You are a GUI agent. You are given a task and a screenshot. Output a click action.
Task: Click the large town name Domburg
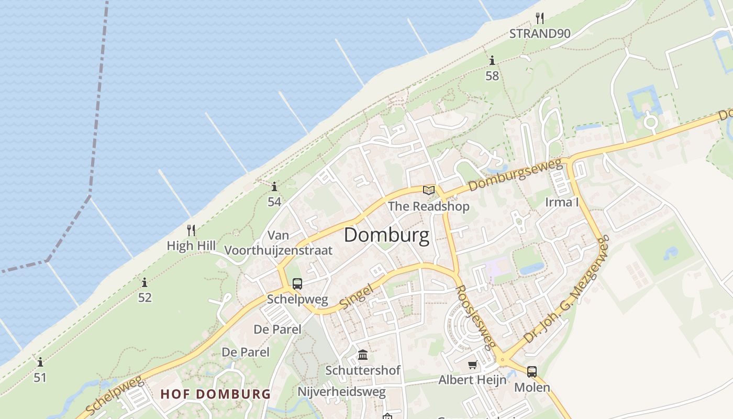click(x=386, y=235)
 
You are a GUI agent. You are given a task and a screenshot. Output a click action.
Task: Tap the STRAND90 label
click(x=540, y=34)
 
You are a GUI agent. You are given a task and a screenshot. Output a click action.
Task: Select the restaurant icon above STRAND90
click(x=540, y=18)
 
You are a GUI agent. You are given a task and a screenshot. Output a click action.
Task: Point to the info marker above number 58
click(x=492, y=61)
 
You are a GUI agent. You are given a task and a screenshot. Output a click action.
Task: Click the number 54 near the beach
click(x=274, y=202)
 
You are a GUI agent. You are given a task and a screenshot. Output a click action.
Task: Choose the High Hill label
click(x=191, y=245)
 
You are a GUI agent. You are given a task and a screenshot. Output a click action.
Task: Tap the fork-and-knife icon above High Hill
click(x=191, y=230)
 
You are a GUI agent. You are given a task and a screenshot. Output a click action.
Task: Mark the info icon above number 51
click(x=40, y=362)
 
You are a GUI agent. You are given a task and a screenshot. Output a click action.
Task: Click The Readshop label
click(x=428, y=206)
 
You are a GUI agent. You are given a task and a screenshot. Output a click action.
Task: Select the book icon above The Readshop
click(x=429, y=190)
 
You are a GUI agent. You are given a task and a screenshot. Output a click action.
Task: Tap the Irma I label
click(x=562, y=202)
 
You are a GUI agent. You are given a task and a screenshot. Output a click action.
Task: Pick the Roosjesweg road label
click(x=475, y=317)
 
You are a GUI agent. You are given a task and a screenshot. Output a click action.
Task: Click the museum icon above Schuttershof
click(x=363, y=355)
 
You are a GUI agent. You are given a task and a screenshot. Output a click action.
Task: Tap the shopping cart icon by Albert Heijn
click(x=473, y=365)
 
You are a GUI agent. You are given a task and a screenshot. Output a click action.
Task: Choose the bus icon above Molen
click(x=532, y=372)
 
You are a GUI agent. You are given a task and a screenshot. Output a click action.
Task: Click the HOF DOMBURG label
click(x=216, y=394)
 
